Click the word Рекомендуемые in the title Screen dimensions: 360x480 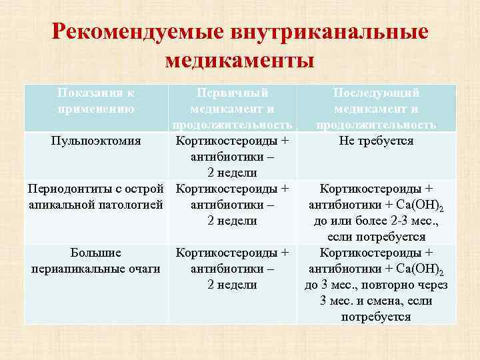tap(136, 32)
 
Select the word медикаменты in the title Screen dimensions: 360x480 tap(239, 61)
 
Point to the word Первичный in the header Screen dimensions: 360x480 tap(233, 93)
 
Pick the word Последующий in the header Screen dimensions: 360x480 tap(377, 93)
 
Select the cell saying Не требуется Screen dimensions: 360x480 tap(377, 141)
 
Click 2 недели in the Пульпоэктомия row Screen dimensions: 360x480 tap(233, 173)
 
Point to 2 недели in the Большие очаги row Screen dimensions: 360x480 tap(233, 285)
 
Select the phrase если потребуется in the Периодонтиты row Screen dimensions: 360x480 tap(377, 237)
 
